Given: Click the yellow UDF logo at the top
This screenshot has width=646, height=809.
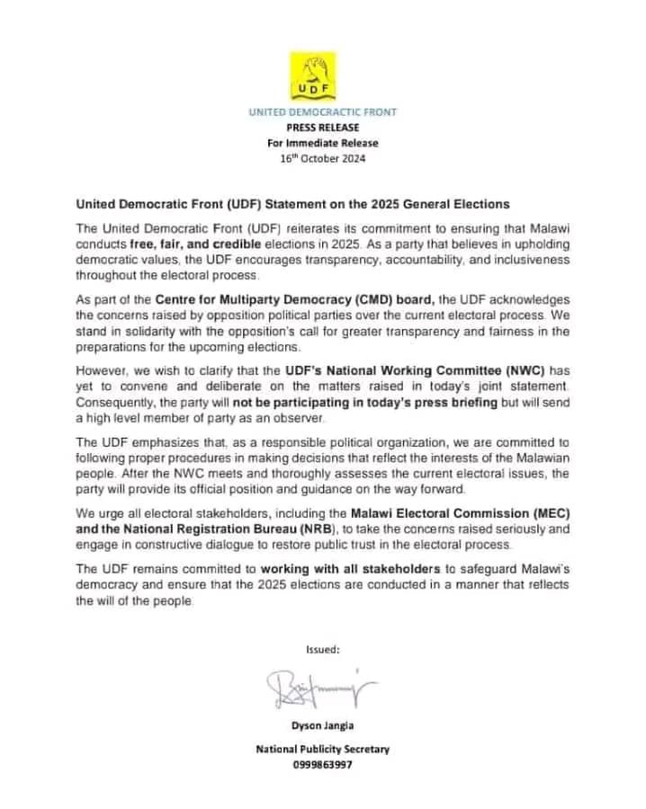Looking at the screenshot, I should tap(322, 76).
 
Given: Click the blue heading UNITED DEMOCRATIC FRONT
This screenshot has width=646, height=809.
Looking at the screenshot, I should tap(322, 112).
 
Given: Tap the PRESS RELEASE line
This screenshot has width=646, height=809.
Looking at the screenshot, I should tap(322, 128).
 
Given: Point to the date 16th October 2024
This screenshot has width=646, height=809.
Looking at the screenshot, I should tap(322, 159).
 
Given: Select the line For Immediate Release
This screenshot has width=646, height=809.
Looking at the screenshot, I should tap(322, 143).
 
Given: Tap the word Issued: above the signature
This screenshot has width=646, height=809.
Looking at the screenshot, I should tap(322, 648).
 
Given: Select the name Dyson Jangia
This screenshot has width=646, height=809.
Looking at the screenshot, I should tap(322, 731).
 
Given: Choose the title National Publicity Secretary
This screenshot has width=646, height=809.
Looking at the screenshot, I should tap(322, 749).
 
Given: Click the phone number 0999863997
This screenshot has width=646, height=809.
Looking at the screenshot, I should tap(322, 765).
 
